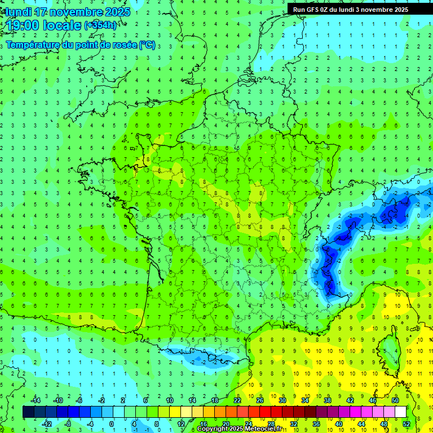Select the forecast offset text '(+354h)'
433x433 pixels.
coord(100,25)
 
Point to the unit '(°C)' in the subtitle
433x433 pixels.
coord(147,45)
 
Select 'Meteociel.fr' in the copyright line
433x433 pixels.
coord(264,429)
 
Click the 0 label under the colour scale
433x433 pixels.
coord(112,424)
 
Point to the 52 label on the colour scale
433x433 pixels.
coord(406,424)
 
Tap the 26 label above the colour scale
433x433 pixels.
coord(260,400)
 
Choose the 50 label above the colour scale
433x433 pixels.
coord(395,400)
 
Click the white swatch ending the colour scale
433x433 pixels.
coord(400,412)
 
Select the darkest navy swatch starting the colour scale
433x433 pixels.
coord(28,412)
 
